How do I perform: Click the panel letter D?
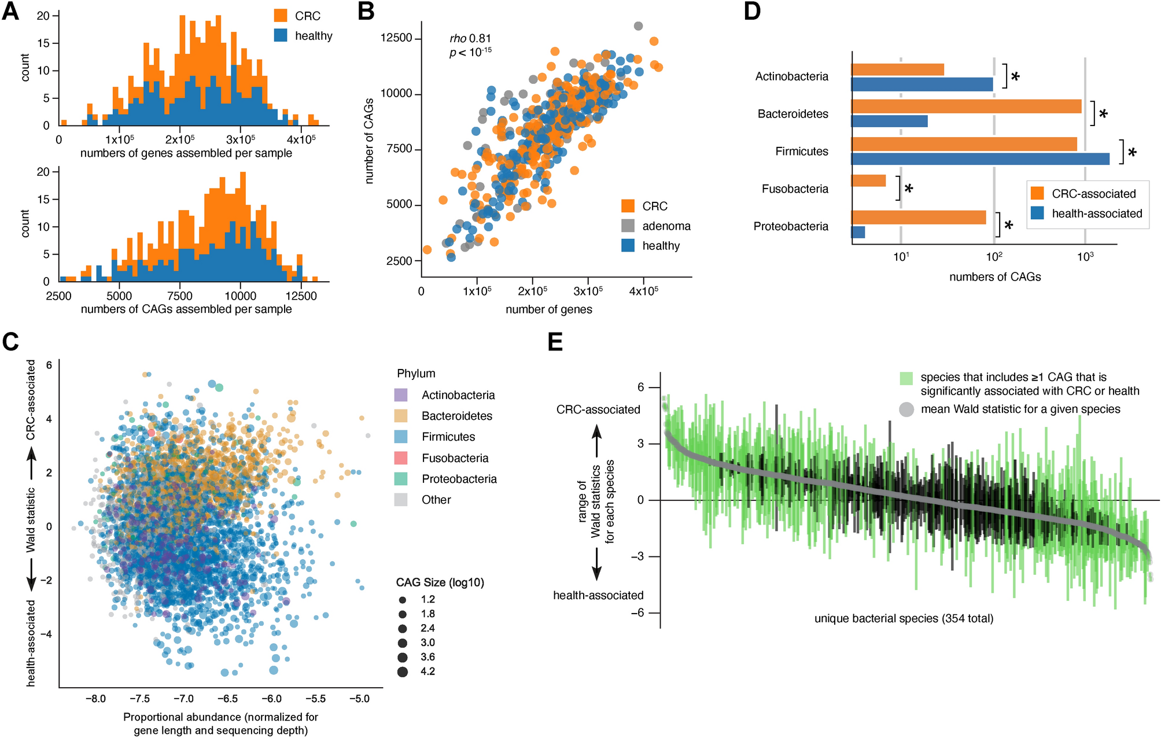tap(751, 12)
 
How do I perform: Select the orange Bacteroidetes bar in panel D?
tap(966, 106)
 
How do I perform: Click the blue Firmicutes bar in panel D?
tap(980, 159)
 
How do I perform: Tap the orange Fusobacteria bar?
tap(868, 181)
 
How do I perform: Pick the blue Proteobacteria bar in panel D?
tap(858, 232)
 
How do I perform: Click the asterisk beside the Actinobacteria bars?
tap(1015, 77)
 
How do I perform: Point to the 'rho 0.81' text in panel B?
tap(470, 39)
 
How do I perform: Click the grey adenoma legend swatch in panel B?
tap(628, 226)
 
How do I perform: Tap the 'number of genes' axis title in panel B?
tap(548, 309)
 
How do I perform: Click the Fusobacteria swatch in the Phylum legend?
tap(400, 458)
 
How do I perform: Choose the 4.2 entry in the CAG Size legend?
tap(427, 671)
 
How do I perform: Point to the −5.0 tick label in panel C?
tap(359, 699)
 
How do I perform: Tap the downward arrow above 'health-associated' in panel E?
tap(597, 564)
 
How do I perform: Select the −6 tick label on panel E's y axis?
tap(639, 612)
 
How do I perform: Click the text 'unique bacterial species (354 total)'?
tap(904, 619)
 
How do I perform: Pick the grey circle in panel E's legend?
tap(906, 409)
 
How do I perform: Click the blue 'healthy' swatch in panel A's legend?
tap(281, 36)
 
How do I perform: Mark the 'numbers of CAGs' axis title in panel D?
tap(994, 277)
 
